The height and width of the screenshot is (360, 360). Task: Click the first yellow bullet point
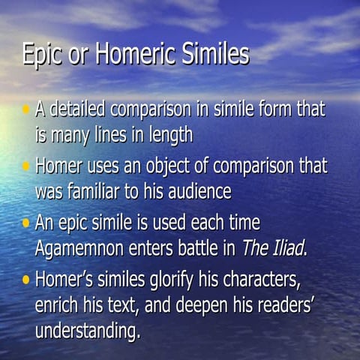(x=25, y=109)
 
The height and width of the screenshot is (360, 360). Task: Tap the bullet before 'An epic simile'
(x=25, y=223)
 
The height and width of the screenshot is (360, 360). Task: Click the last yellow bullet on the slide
(x=25, y=280)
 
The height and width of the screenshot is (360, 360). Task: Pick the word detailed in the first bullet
(x=79, y=109)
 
